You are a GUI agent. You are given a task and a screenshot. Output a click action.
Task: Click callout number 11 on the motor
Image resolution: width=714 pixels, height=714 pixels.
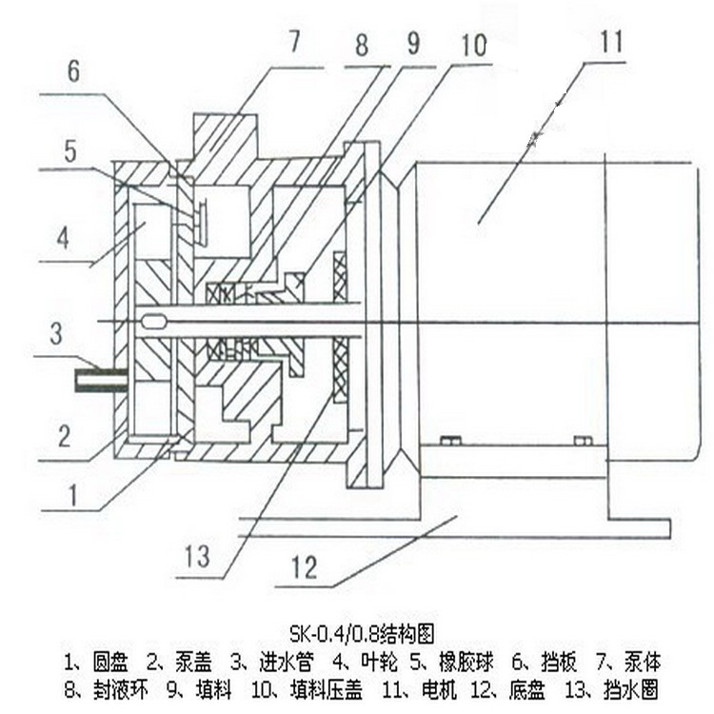[x=610, y=43]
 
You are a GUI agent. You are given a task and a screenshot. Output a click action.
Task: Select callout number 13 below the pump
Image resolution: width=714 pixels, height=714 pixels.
[x=196, y=555]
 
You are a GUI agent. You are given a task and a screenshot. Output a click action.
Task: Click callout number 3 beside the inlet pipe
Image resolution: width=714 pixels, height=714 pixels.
[x=56, y=333]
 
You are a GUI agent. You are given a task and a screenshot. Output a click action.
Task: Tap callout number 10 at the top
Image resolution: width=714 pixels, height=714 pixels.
[x=473, y=45]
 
